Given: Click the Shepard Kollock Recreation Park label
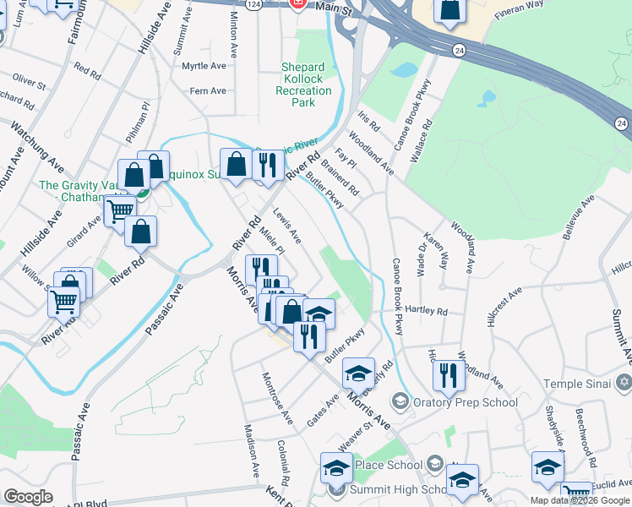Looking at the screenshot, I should click(302, 84).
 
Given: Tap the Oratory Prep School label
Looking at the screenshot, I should click(465, 402).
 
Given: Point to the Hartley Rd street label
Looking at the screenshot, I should click(426, 311).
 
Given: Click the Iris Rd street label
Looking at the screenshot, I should click(369, 121).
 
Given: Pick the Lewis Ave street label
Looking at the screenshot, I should click(286, 226).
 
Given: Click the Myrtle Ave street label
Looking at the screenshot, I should click(204, 66).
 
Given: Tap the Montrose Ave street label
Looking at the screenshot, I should click(277, 398).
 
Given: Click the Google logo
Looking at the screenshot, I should click(28, 497).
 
